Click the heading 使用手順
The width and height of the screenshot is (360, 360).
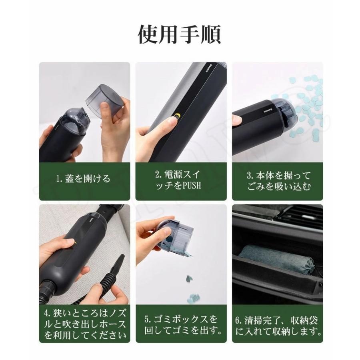(179, 35)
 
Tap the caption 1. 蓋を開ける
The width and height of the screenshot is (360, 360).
(83, 179)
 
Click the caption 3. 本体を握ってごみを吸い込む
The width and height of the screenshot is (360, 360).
(279, 181)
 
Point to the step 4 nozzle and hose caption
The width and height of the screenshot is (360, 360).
(85, 324)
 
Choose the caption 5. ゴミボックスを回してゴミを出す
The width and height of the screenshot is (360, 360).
(183, 325)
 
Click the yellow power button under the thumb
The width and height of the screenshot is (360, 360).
(177, 116)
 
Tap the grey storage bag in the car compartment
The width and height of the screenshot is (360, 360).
(276, 259)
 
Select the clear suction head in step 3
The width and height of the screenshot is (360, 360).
(285, 115)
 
